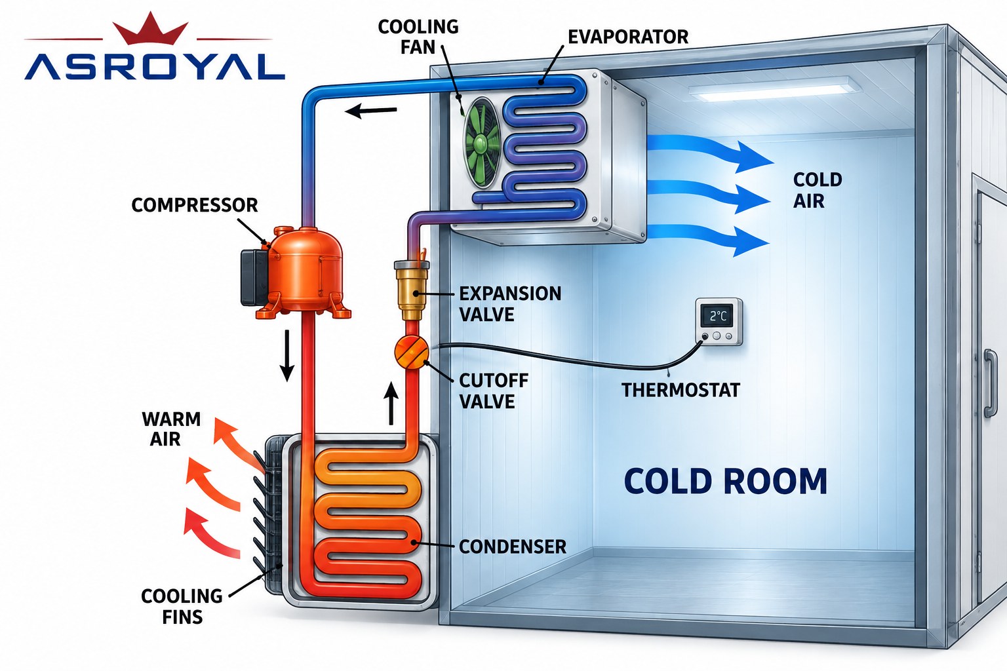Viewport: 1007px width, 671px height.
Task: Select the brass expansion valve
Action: [x=411, y=289]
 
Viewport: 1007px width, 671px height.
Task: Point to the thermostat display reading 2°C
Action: [x=718, y=316]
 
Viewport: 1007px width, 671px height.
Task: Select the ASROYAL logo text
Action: [x=155, y=67]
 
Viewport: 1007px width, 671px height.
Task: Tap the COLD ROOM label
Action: [x=725, y=482]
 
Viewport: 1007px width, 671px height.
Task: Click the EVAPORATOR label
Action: [x=627, y=37]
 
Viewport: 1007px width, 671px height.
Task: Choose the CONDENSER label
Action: [x=513, y=546]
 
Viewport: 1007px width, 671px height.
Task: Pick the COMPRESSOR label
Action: [x=194, y=205]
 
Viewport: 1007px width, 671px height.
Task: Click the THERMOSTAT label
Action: [x=681, y=390]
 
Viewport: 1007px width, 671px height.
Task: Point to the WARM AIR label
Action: [x=171, y=429]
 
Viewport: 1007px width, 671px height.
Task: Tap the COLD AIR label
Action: [x=817, y=190]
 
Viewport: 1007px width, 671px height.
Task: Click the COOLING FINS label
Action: [x=182, y=606]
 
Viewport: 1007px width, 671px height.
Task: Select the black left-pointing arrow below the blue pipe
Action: [x=370, y=110]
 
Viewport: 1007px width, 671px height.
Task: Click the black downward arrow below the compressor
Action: [x=286, y=356]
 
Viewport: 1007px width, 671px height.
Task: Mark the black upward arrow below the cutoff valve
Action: [x=391, y=403]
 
